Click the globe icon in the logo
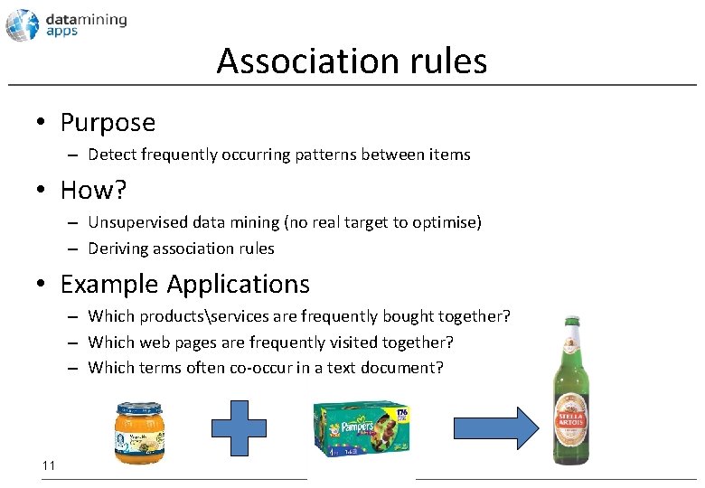(22, 24)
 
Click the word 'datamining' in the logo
(86, 18)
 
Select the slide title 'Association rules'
(352, 61)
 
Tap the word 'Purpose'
(108, 122)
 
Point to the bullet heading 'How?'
(94, 190)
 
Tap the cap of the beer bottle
(571, 321)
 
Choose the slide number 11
(49, 465)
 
